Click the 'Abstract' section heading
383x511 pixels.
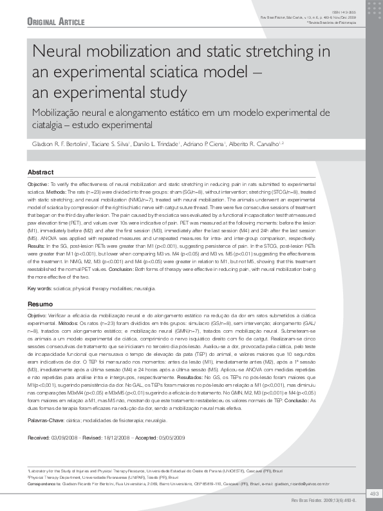click(40, 172)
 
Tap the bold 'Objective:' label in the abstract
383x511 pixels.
click(38, 184)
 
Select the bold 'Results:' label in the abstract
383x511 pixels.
click(37, 246)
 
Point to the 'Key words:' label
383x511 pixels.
click(40, 288)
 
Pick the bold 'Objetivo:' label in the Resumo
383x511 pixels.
click(37, 315)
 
